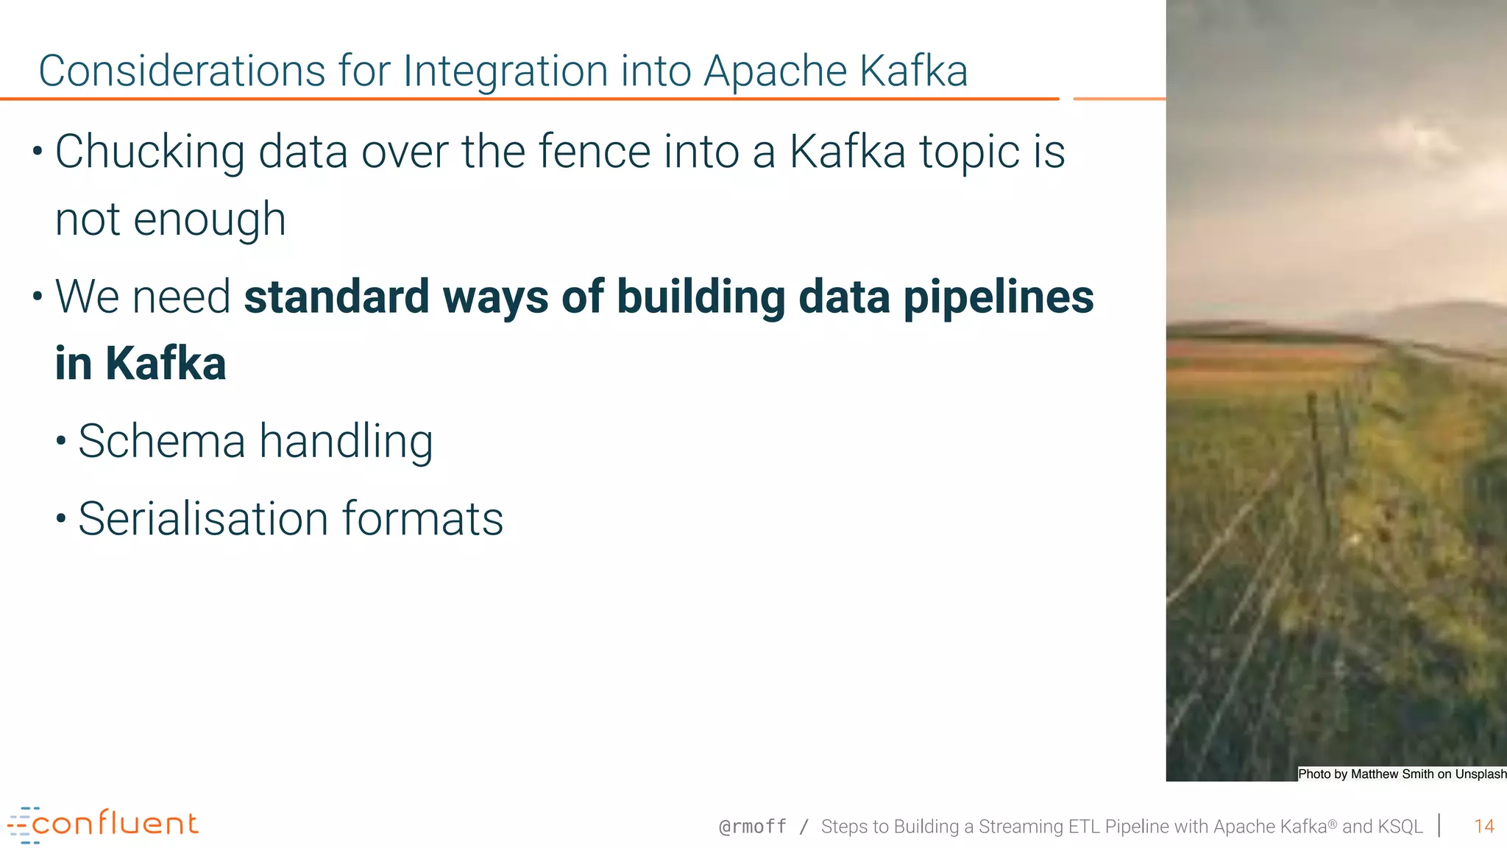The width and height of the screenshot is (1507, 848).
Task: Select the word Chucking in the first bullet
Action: [149, 152]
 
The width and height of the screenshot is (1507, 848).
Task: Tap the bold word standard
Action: [336, 297]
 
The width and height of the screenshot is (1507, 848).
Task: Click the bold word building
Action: [701, 297]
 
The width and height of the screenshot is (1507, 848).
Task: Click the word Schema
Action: [161, 442]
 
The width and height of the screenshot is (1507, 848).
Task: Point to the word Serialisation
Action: [203, 519]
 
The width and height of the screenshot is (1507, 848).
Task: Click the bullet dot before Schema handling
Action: [62, 442]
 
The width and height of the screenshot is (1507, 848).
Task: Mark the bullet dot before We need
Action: [38, 297]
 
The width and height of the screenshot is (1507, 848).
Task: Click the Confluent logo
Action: [103, 824]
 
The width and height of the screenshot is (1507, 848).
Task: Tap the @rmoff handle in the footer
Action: [752, 827]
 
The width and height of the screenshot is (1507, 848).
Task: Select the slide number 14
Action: [1483, 827]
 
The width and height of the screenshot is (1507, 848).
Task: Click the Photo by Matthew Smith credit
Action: [1402, 774]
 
